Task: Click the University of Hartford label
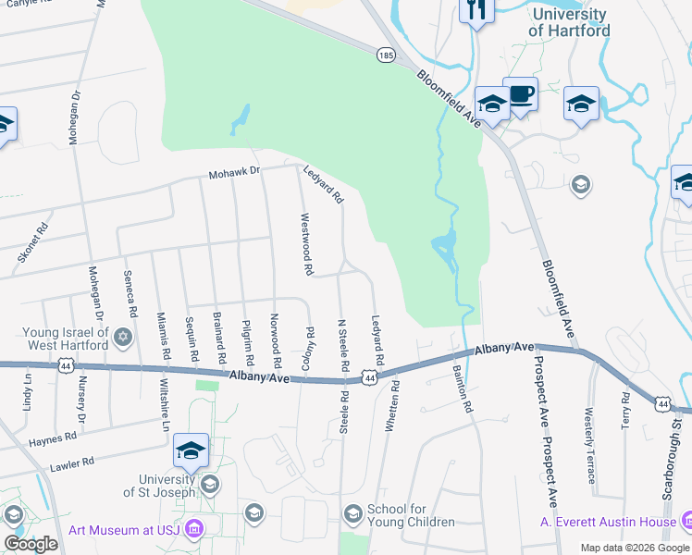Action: pos(569,22)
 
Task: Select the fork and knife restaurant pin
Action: pos(476,9)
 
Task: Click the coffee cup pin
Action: pos(521,93)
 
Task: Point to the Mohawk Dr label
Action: pos(235,171)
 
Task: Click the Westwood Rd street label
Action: pos(307,245)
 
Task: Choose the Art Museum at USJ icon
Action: pos(193,529)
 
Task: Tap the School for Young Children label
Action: pos(411,515)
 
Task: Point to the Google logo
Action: pos(31,544)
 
